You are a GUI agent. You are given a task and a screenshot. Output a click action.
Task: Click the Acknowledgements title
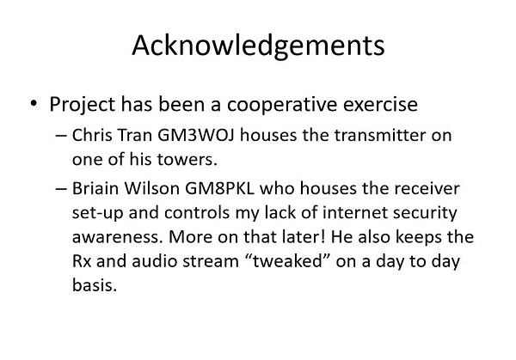[258, 46]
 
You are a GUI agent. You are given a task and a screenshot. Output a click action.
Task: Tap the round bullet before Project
[34, 103]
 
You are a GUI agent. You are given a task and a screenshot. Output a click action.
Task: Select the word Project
[83, 105]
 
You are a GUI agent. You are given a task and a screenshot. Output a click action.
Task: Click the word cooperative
[282, 105]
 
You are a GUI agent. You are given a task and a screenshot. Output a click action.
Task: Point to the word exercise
[380, 105]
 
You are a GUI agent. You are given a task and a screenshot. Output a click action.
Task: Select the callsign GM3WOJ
[196, 135]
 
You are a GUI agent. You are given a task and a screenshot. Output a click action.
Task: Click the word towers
[187, 160]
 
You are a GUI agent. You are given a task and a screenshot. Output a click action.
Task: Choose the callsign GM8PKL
[220, 189]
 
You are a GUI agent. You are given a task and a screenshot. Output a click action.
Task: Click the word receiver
[427, 189]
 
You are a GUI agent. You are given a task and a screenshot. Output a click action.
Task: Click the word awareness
[118, 237]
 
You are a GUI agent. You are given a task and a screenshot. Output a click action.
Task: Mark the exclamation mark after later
[323, 237]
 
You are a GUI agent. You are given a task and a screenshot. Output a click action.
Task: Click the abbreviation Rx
[82, 261]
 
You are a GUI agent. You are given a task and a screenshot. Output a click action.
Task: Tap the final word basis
[95, 285]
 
